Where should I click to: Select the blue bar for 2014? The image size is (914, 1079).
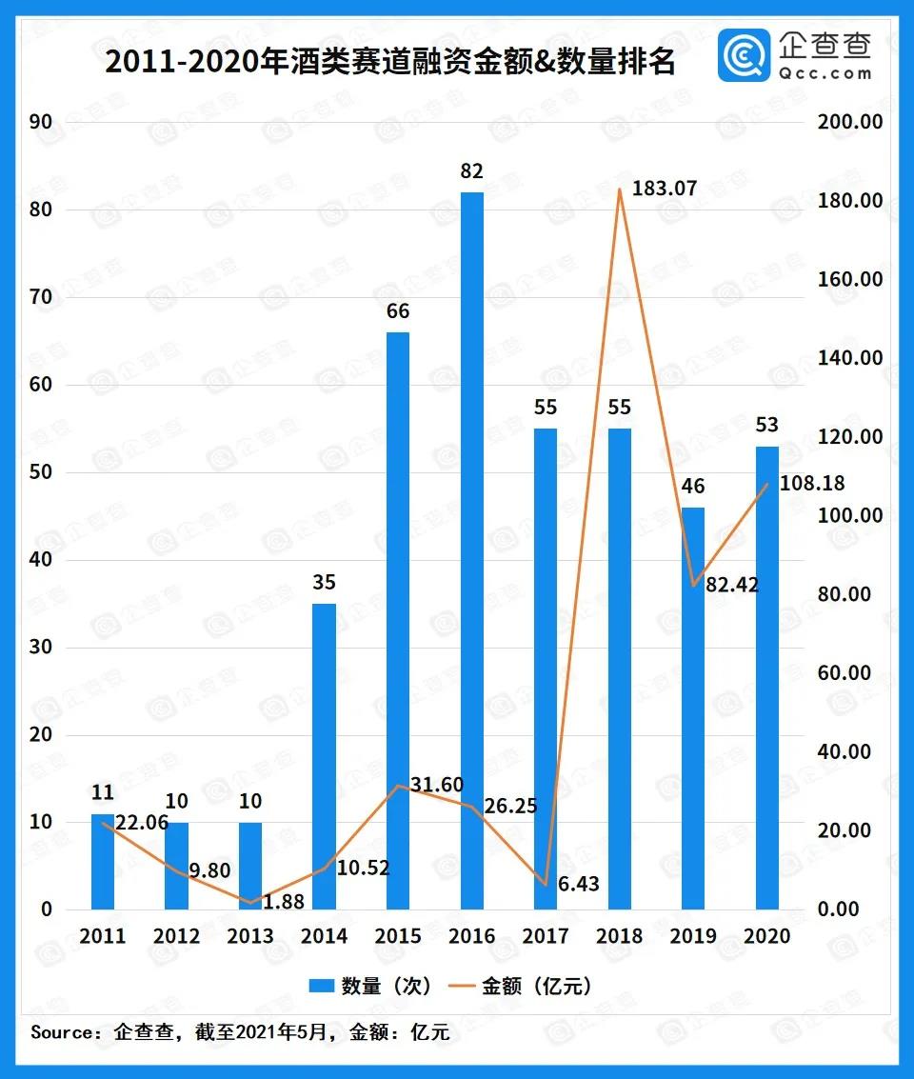pos(324,756)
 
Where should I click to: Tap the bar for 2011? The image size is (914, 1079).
pos(102,861)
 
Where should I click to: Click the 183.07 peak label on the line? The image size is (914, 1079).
pos(665,189)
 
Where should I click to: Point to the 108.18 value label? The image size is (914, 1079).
pos(812,485)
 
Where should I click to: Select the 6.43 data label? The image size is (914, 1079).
pos(579,885)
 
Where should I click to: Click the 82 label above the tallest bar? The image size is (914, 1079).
pos(472,171)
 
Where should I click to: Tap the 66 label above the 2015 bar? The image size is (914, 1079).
pos(398,311)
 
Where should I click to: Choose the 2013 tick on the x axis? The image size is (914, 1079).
pos(249,936)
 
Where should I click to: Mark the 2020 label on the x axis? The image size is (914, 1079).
pos(767,936)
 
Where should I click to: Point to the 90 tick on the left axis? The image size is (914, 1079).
pos(41,122)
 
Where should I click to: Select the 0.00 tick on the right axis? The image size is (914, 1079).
pos(838,909)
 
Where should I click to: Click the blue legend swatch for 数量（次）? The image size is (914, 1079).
pos(320,986)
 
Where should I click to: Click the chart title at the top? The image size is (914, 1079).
pos(390,63)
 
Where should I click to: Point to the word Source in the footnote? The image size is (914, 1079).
pos(63,1031)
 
